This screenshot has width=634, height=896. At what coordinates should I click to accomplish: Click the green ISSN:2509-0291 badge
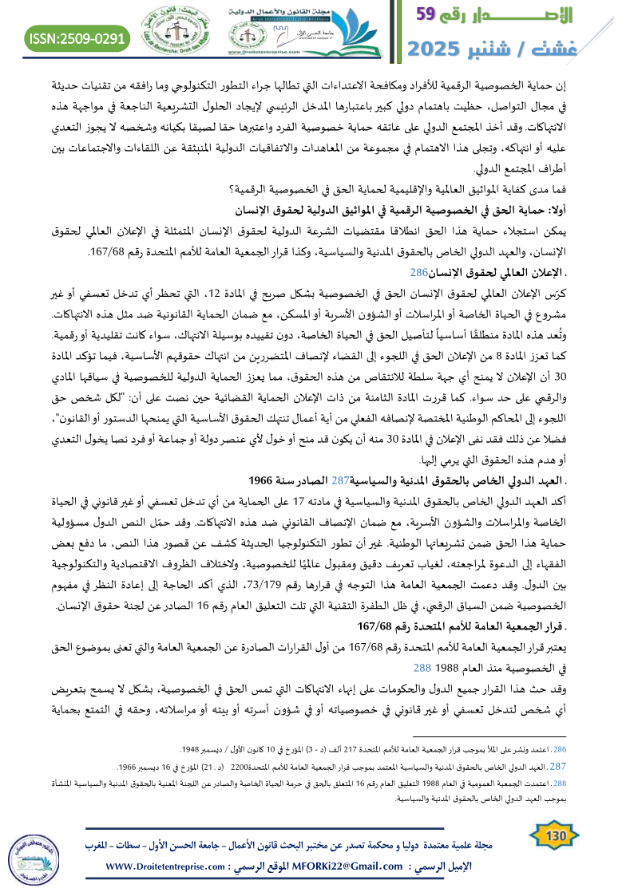click(x=77, y=37)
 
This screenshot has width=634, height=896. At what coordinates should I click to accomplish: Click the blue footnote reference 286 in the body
click(x=419, y=272)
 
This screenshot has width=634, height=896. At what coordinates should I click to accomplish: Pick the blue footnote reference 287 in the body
click(x=341, y=480)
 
